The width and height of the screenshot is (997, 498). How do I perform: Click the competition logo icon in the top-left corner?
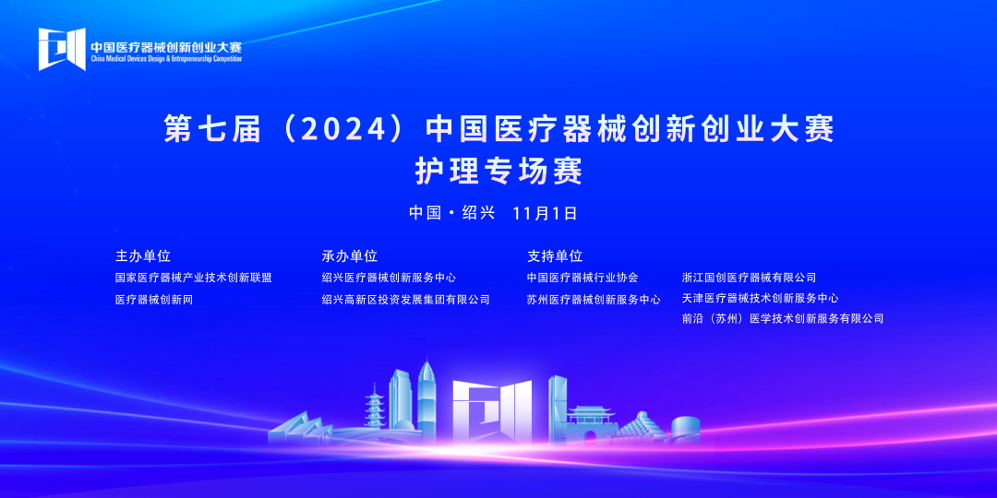62,49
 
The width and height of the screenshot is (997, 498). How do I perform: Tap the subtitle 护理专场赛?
499,171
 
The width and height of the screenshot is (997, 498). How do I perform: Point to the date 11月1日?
544,213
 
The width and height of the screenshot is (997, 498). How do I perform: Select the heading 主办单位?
142,256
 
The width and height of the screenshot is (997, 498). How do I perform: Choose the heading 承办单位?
349,256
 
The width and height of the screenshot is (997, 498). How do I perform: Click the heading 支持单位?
555,256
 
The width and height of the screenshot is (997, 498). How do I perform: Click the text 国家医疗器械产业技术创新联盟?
193,278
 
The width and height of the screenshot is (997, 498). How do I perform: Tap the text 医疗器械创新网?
153,300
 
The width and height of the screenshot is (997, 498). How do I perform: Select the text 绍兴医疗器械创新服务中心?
389,278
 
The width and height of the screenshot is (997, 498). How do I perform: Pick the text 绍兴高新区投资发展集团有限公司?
405,300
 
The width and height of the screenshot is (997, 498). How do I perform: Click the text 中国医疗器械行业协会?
583,278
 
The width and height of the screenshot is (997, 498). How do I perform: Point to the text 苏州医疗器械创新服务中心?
594,300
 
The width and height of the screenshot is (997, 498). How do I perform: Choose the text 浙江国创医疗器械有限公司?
749,278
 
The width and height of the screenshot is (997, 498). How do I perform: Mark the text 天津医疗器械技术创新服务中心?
760,298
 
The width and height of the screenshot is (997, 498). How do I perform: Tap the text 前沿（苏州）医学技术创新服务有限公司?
783,319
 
